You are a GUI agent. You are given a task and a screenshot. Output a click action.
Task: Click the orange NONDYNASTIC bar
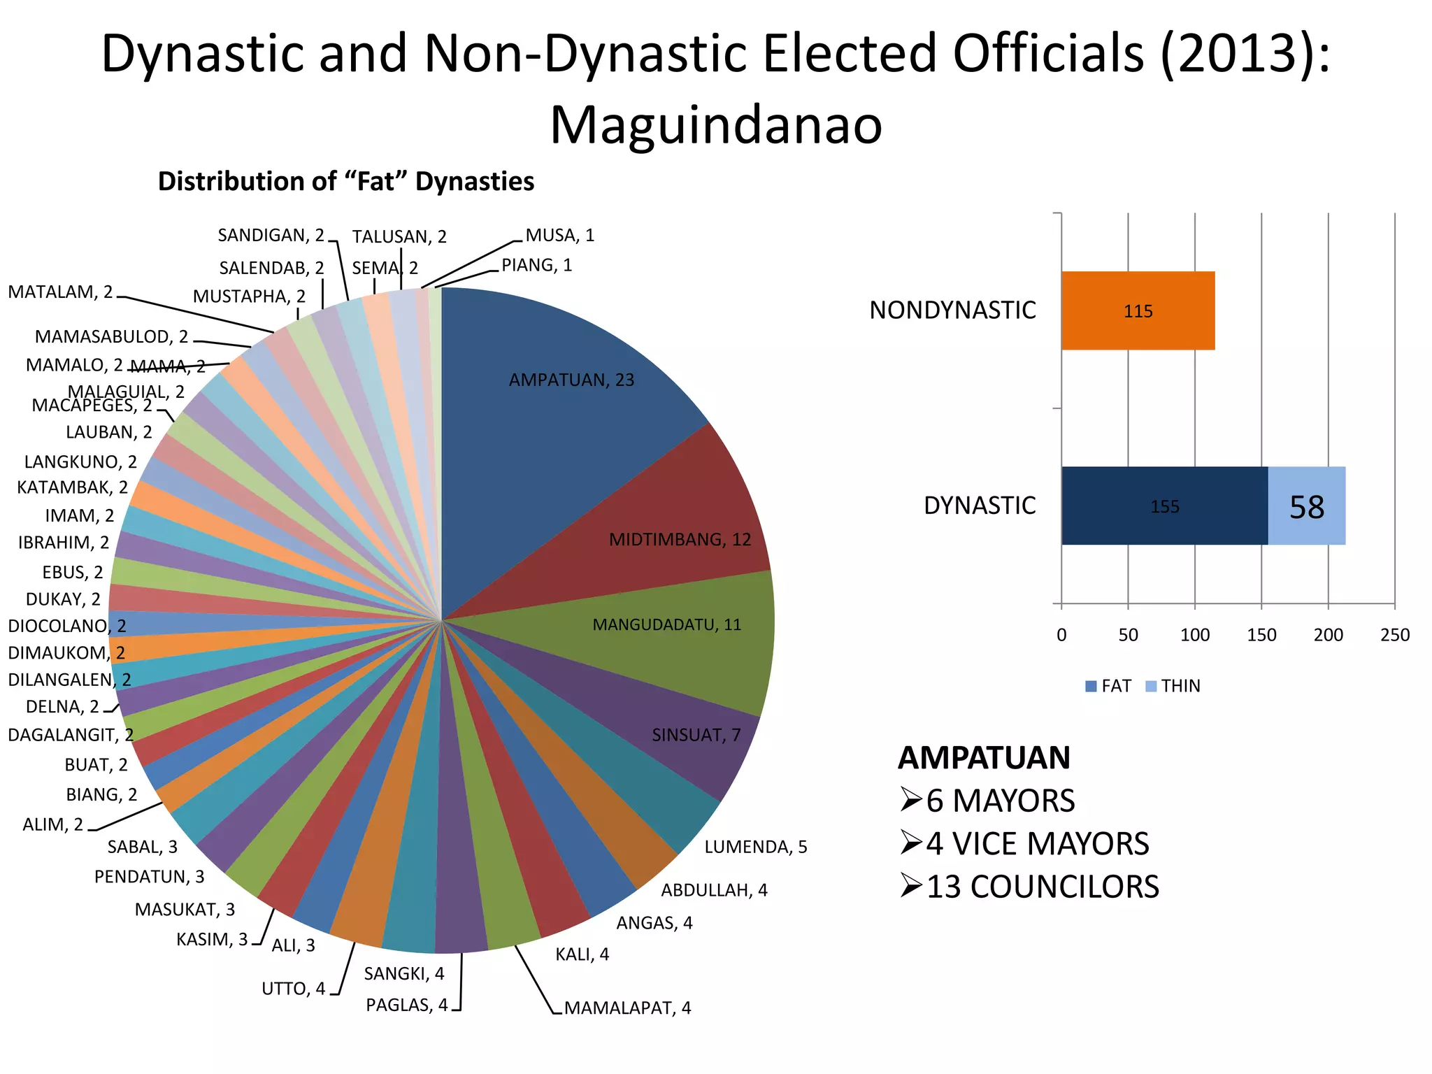coord(1138,310)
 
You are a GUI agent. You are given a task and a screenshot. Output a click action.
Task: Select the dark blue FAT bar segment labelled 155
coord(1164,506)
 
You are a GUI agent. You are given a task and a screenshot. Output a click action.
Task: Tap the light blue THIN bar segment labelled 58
coord(1306,506)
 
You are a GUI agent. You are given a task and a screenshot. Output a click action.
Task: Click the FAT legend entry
coord(1108,686)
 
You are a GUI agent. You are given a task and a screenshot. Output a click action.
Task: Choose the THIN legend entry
coord(1173,686)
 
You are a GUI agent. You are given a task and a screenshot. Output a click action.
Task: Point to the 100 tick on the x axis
coord(1195,635)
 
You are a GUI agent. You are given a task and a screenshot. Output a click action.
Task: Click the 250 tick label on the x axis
coord(1395,635)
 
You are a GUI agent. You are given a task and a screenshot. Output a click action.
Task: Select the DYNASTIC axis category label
coord(979,506)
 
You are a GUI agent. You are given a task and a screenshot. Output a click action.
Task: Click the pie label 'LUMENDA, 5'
coord(755,847)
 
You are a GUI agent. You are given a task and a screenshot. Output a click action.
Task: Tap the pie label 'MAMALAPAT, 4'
coord(627,1008)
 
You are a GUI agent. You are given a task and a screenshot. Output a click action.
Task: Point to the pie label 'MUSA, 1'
coord(559,235)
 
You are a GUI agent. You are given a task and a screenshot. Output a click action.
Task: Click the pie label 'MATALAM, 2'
coord(60,292)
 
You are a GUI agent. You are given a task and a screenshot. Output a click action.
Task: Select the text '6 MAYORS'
coord(1000,801)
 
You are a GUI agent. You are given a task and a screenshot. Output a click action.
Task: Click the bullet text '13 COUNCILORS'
coord(1042,887)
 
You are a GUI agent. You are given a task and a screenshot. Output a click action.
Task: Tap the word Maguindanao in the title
coord(716,124)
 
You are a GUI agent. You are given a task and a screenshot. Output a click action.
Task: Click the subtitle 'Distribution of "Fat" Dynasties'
coord(345,181)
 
